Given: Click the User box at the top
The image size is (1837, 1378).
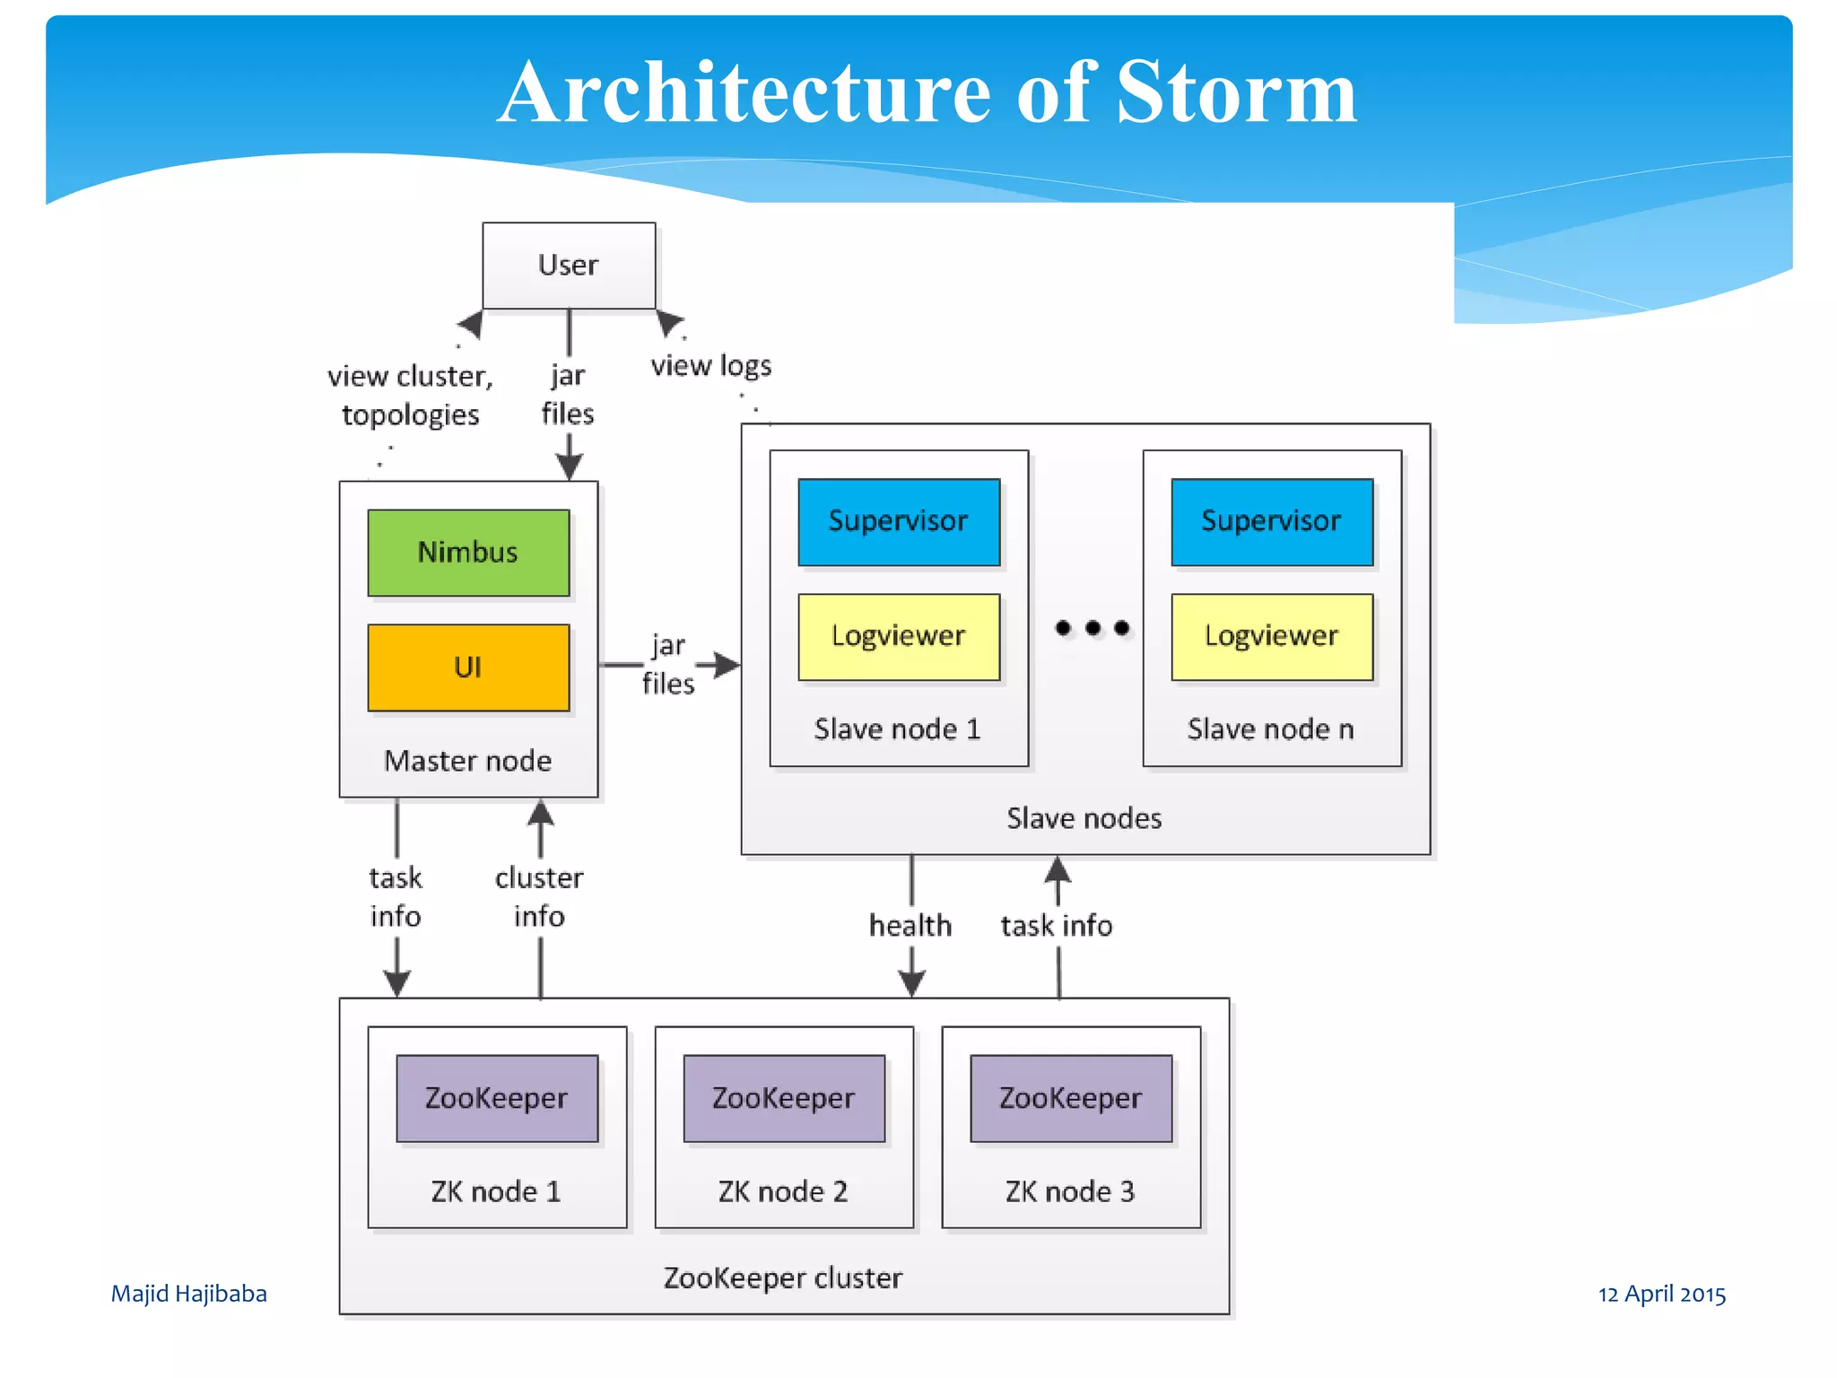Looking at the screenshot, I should coord(569,266).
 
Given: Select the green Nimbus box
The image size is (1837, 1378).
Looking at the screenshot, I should coord(468,553).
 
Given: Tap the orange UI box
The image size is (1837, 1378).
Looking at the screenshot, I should coord(468,667).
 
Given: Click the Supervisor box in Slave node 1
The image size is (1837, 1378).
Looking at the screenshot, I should coord(899,521).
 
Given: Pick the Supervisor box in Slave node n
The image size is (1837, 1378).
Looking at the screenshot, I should coord(1272,521).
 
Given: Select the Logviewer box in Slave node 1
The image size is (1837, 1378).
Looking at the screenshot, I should coord(899,636).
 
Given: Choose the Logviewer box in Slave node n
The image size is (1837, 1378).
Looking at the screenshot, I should coord(1272,636).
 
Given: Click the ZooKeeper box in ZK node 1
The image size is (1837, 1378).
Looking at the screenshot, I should coord(497,1098).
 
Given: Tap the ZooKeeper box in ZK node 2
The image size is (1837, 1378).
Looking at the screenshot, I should coord(784,1098).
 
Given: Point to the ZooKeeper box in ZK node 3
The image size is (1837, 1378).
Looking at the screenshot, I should coord(1071,1098).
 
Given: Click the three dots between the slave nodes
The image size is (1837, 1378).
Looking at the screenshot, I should coord(1093,628).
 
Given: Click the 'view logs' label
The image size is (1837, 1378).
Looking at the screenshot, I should coord(710,366).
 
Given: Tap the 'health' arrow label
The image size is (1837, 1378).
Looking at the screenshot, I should coord(910,926).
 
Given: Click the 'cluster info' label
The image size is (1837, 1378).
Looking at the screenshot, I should coord(539,897).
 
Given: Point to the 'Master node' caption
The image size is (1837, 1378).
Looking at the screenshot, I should coord(468,762).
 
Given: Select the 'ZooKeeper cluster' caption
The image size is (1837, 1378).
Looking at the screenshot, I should coord(783,1278).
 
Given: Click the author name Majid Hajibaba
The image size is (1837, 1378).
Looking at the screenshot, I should coord(188,1294).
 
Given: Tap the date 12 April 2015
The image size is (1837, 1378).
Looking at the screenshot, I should coord(1662,1294).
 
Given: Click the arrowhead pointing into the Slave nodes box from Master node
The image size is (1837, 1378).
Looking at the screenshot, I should coord(727,665).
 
